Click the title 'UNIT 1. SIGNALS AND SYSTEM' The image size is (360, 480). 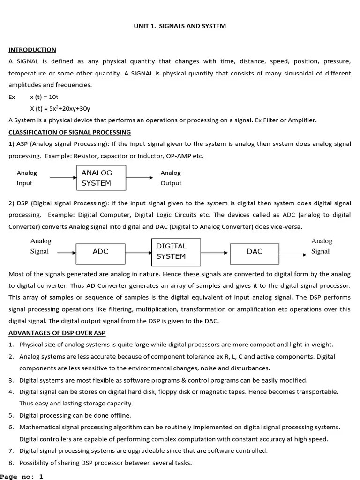[180, 26]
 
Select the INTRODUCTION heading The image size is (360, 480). [32, 50]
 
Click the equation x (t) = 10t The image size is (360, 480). [44, 97]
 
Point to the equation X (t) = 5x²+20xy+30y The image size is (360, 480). [60, 109]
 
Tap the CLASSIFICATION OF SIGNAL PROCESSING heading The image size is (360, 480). [70, 132]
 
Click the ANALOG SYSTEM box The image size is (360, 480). [101, 178]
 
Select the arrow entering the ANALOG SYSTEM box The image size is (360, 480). [63, 178]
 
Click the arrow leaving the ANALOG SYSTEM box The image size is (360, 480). [140, 178]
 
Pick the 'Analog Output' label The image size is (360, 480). [171, 178]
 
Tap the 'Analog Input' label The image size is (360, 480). [27, 178]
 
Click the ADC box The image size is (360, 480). [101, 252]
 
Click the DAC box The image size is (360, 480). [255, 252]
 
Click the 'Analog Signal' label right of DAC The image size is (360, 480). [322, 246]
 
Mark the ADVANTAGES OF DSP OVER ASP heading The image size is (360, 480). [57, 333]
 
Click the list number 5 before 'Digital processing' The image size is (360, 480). [11, 415]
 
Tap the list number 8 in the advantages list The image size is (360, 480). [11, 463]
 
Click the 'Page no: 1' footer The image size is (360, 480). [22, 476]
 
